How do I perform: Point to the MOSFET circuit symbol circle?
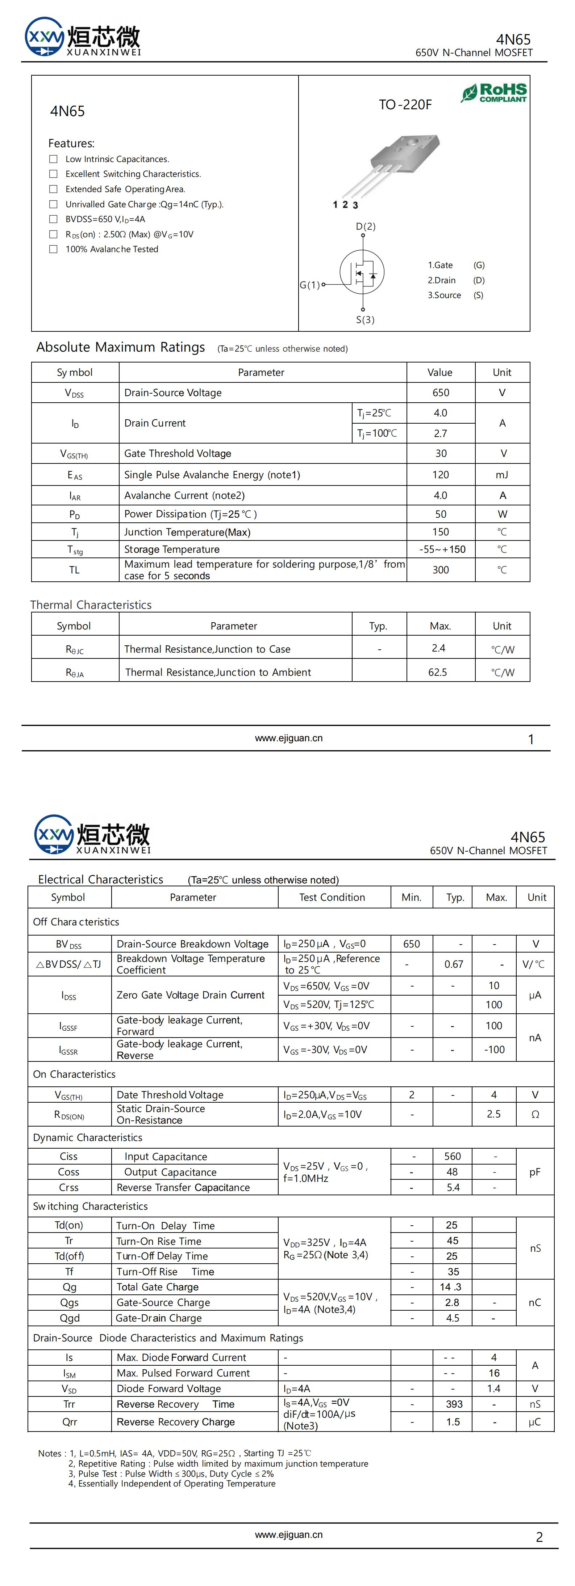[x=362, y=272]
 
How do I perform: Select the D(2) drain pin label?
[x=366, y=226]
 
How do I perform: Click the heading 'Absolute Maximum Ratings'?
[x=120, y=347]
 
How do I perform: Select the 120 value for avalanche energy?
[x=441, y=475]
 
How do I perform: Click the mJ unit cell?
[x=502, y=475]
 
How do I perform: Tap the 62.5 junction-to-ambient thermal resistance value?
[x=438, y=672]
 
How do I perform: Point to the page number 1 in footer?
[x=531, y=739]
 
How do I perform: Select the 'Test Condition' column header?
[x=332, y=898]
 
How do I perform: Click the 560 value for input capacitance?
[x=453, y=1156]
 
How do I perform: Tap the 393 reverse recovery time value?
[x=454, y=1404]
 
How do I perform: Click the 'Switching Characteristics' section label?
[x=90, y=1206]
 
